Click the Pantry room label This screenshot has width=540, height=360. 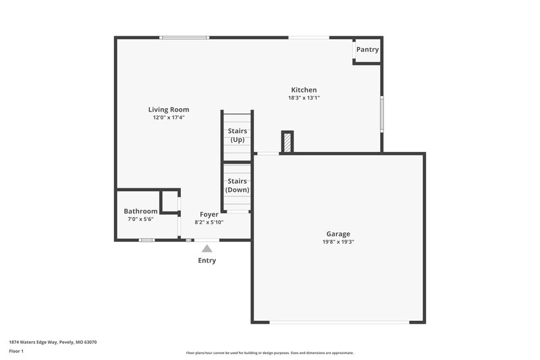[x=367, y=49]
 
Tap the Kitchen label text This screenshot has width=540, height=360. [x=304, y=90]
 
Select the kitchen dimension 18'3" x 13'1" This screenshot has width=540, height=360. [x=304, y=98]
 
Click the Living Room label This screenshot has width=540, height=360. [x=169, y=109]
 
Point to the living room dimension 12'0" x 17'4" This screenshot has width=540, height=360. [x=169, y=118]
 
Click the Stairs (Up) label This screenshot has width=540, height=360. [x=237, y=135]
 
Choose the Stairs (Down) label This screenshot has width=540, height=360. [x=237, y=186]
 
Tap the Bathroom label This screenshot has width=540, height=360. [x=140, y=211]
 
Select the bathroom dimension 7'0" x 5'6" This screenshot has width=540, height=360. [x=140, y=220]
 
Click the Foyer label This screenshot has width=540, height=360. [x=209, y=214]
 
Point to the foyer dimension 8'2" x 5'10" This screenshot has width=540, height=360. [x=209, y=222]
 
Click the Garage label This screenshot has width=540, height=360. [x=338, y=234]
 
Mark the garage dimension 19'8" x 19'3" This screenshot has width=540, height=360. [x=338, y=242]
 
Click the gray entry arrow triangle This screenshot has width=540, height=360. [x=207, y=249]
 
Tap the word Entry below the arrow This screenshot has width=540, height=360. [x=207, y=261]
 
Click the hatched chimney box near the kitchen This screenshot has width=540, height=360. [x=287, y=142]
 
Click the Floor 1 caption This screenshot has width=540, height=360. [x=16, y=352]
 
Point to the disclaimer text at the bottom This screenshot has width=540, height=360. [x=270, y=353]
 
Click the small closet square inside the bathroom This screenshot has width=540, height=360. [x=169, y=201]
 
